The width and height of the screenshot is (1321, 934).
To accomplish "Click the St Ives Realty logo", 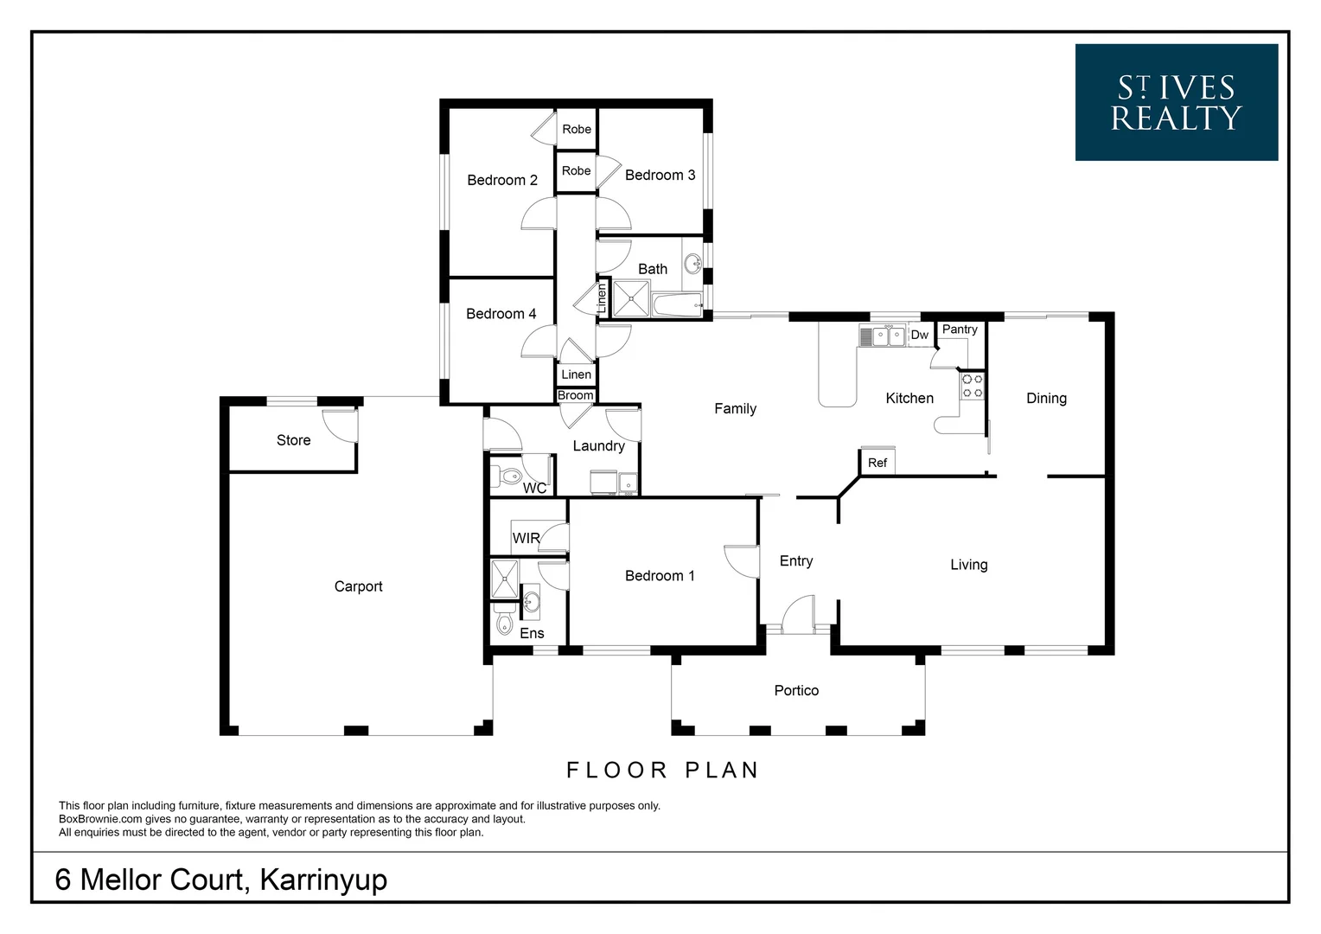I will [x=1176, y=102].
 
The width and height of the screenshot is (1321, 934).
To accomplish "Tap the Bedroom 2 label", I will [x=501, y=180].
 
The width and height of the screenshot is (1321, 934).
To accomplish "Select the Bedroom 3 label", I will [x=660, y=175].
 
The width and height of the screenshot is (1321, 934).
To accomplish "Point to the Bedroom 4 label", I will [x=501, y=314].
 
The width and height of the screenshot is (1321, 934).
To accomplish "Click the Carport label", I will [x=358, y=586].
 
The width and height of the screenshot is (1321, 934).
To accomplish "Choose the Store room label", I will [x=293, y=440].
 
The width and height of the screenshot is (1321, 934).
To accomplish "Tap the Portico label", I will [x=796, y=690].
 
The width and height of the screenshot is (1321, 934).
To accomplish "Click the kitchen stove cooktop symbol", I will [x=973, y=386].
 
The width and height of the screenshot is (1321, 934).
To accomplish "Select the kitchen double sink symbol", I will [x=882, y=336].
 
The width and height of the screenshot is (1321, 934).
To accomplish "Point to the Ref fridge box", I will [x=877, y=462].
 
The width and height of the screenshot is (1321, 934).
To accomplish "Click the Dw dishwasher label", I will [x=920, y=335].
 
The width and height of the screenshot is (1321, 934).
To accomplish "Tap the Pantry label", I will [x=960, y=329].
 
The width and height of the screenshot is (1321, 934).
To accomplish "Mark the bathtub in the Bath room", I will [x=677, y=304].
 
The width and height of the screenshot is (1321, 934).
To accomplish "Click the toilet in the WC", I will [x=507, y=476].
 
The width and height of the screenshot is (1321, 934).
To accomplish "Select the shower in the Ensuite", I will [x=504, y=579].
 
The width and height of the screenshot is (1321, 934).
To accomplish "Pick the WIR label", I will [x=526, y=538].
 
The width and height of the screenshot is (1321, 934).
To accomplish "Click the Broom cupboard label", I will [x=575, y=395].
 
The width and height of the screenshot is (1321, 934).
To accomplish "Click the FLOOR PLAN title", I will [x=662, y=770].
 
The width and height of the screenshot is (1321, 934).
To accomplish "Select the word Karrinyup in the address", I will [x=323, y=880].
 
